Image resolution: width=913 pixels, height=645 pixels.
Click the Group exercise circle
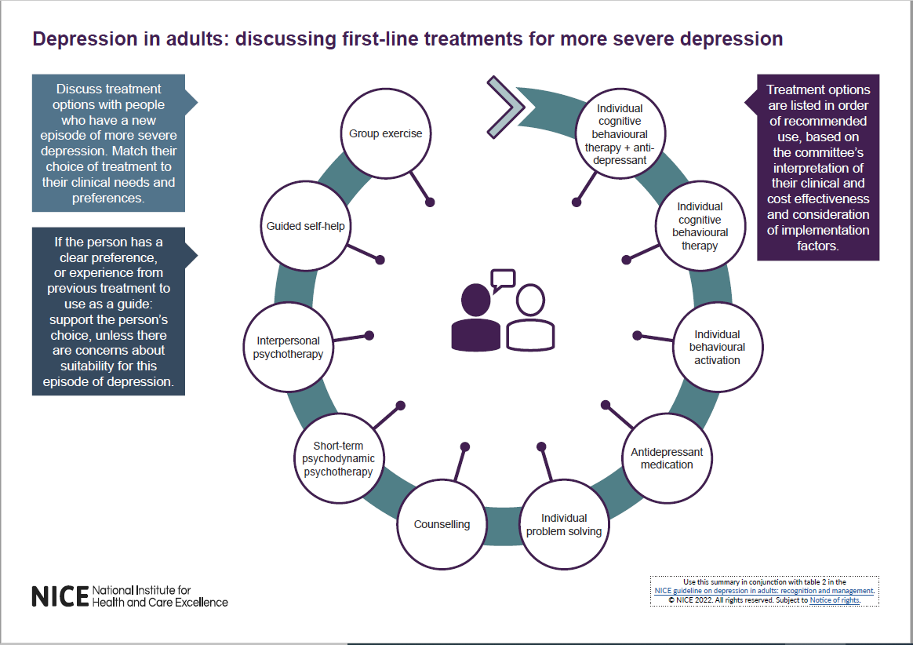pos(385,134)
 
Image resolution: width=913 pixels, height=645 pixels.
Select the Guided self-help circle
pos(305,227)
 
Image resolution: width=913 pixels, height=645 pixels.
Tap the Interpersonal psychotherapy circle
pos(288,348)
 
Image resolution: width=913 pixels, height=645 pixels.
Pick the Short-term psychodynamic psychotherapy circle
pos(338,459)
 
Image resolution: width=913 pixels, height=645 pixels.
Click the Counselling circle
pos(442,524)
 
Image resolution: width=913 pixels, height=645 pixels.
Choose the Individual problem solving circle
pos(563,525)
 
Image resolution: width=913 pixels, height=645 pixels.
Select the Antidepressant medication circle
pos(667,459)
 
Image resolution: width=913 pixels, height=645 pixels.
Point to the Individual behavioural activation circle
pos(716,348)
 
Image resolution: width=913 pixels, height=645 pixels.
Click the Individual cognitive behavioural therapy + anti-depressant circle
pos(620,134)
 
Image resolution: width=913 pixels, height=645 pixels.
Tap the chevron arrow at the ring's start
pos(505,107)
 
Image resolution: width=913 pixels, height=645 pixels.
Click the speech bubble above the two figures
pos(502,279)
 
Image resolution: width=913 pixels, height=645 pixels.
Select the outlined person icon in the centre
pos(530,318)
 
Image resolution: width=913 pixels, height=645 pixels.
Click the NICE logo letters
pos(60,596)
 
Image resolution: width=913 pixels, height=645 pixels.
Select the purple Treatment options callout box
pos(818,167)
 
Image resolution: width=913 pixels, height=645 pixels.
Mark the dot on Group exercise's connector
pos(430,202)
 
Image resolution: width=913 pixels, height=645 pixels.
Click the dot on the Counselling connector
pos(465,446)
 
